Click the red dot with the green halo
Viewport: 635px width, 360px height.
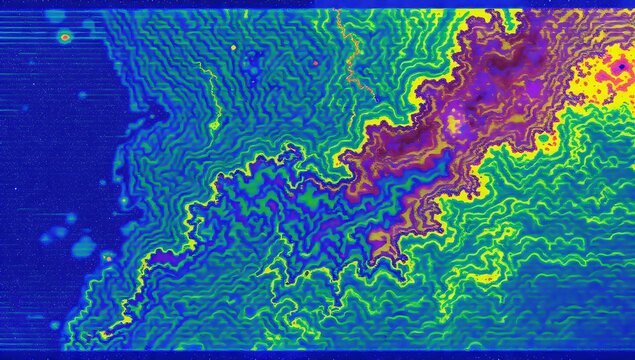65,37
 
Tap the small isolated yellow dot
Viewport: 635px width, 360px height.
233,47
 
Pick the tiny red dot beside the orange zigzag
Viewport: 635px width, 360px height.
314,63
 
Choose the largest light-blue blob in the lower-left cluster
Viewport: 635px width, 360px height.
84,245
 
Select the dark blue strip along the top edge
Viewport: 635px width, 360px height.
300,4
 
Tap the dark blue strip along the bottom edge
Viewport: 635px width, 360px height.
300,355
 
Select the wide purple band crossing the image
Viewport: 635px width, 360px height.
420,150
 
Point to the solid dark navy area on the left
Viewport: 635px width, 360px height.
50,150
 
